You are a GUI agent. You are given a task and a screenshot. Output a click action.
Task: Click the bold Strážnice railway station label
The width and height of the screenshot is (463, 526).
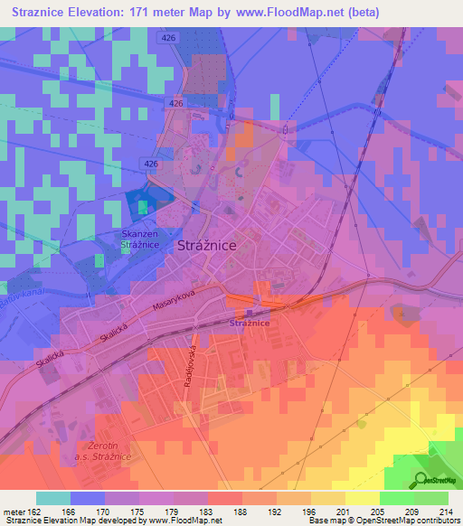[250, 323]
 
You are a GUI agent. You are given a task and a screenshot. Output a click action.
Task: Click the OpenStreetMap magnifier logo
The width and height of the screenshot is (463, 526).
[420, 479]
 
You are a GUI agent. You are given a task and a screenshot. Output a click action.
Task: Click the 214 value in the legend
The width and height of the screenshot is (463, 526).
[445, 512]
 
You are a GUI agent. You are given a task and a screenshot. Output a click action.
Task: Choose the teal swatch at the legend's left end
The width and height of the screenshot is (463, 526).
[53, 498]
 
